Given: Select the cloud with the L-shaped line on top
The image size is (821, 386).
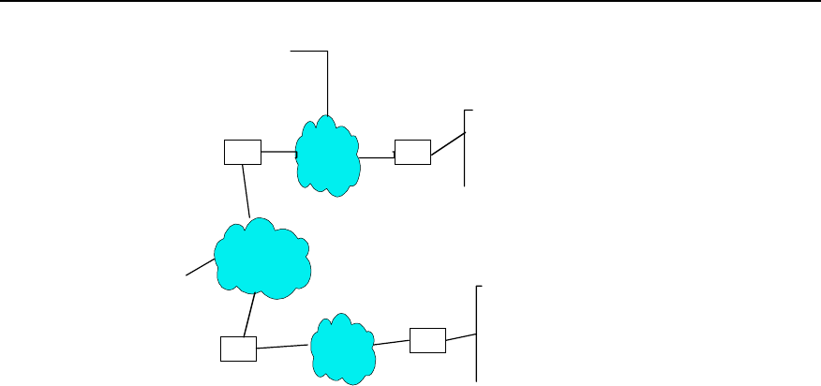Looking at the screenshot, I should pos(327,155).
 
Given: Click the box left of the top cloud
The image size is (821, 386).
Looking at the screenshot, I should pos(243,151).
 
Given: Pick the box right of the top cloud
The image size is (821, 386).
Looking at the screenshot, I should pos(412,151).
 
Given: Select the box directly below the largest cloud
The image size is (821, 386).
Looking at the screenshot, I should pos(236,349).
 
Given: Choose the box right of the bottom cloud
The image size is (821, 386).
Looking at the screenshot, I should pos(428,340).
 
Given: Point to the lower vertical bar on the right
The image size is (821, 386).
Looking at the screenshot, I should pos(478,333).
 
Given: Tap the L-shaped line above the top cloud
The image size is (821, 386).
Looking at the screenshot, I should pos(327,75).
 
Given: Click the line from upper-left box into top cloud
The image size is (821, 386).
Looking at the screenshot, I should pos(278,151).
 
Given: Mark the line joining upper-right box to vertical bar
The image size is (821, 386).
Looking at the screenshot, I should pos(448,148).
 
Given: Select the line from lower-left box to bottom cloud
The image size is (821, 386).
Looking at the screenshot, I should pos(282,347).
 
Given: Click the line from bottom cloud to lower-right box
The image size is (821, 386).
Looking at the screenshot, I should pos(393,342).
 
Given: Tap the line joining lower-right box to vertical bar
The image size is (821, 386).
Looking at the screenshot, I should pos(462,336).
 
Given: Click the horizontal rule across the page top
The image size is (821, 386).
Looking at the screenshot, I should pos(410,2).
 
